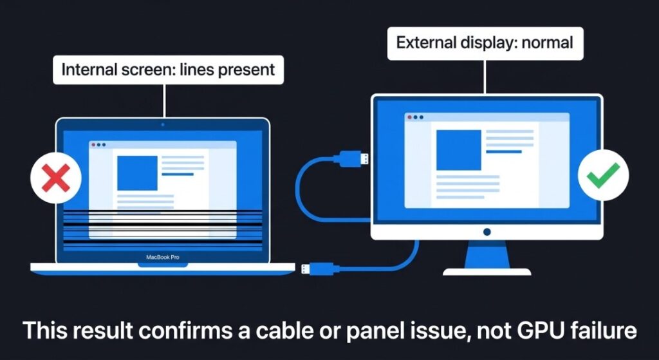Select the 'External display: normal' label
coord(484,44)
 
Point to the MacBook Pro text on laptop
coord(162,257)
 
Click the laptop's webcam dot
coord(162,124)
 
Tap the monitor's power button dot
coord(487,232)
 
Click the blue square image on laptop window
coord(137,173)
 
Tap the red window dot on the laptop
coord(93,145)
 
